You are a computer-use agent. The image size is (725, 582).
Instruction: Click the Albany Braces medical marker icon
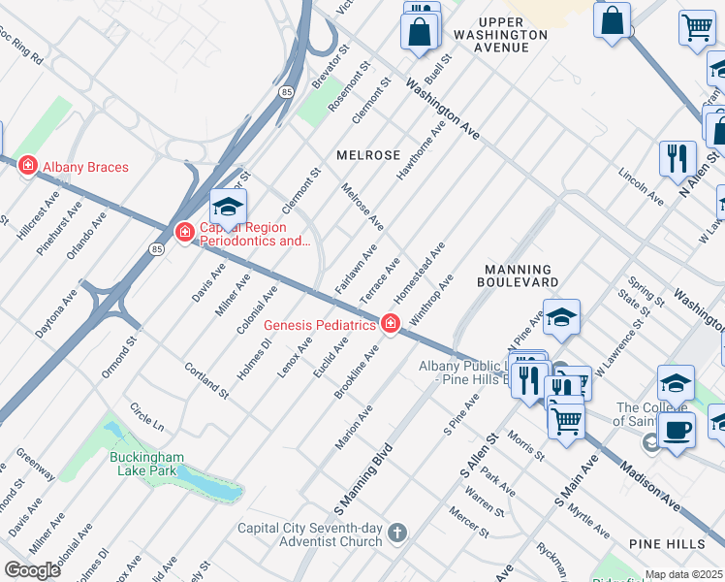[x=28, y=167]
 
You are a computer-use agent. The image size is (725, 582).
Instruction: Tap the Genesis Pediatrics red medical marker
[x=391, y=324]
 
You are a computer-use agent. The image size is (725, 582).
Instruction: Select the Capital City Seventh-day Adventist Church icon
[x=396, y=532]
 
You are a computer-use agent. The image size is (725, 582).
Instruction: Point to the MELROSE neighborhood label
[x=368, y=155]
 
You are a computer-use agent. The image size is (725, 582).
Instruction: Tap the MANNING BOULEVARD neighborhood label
[x=518, y=275]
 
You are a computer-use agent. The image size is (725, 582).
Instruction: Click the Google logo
[x=32, y=570]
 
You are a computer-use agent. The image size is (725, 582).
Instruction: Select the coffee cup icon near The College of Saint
[x=677, y=430]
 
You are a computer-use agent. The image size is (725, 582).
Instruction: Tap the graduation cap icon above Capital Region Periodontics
[x=228, y=207]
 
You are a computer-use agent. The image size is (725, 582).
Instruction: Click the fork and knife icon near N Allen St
[x=678, y=158]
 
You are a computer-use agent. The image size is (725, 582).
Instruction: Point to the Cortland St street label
[x=205, y=379]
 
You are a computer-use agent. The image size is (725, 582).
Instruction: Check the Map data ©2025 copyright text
[x=684, y=574]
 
